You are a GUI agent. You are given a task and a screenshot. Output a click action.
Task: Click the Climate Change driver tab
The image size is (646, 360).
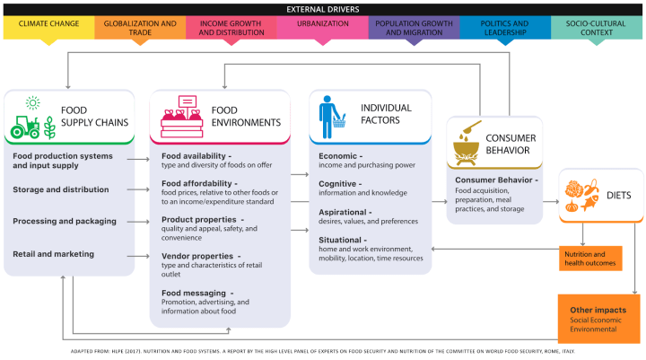tap(48, 26)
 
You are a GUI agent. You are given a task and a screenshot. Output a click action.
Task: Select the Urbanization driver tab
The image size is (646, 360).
tap(321, 26)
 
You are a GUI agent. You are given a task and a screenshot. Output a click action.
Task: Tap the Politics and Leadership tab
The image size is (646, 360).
tap(503, 26)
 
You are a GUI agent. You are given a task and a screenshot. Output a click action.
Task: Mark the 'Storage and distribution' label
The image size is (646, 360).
tap(61, 189)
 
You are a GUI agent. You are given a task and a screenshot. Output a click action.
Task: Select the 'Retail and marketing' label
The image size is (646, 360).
tap(54, 254)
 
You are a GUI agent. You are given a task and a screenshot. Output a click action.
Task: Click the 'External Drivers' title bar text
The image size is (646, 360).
tap(322, 7)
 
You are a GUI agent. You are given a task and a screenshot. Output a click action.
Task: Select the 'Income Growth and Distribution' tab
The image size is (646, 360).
tap(230, 26)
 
